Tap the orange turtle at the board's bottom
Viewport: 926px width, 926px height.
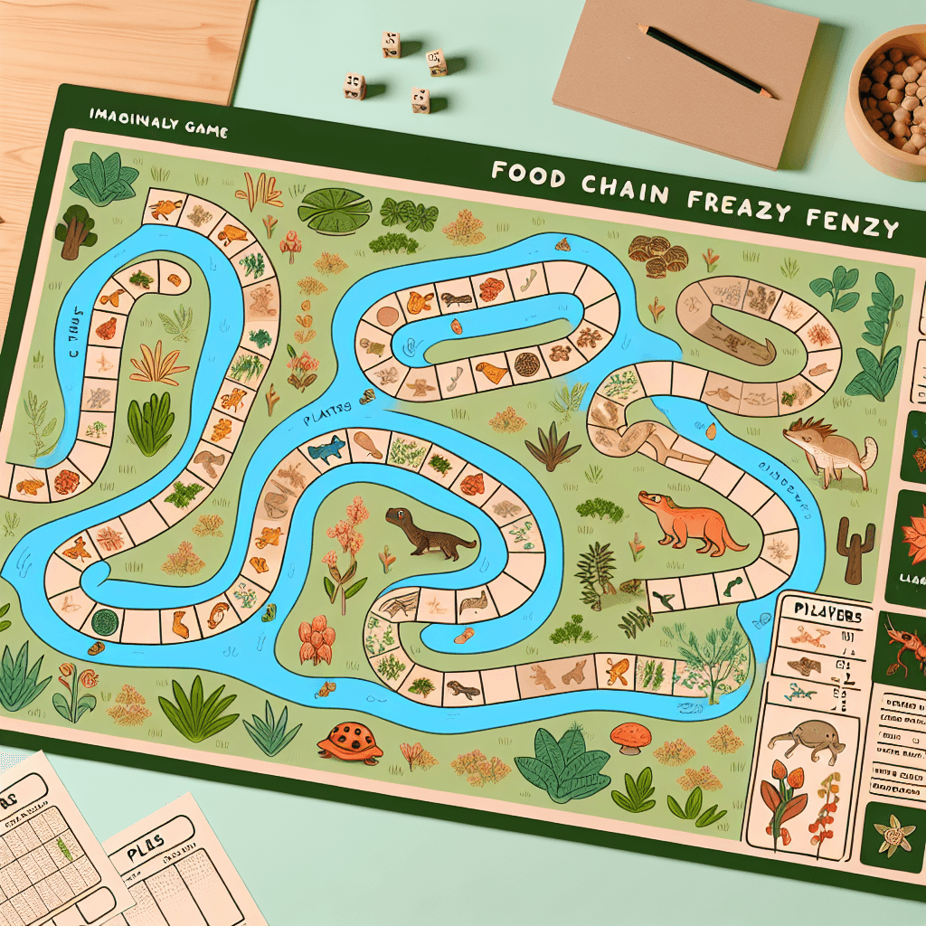click(351, 741)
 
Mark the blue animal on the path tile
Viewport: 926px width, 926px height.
click(326, 449)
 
